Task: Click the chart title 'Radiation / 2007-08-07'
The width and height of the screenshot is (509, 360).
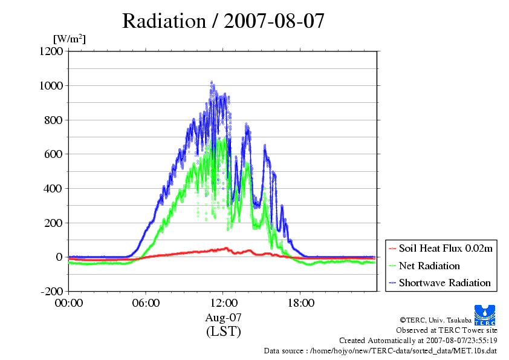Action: [223, 21]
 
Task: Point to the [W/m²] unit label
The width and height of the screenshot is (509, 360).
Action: [69, 39]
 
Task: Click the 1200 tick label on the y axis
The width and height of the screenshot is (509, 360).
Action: [51, 51]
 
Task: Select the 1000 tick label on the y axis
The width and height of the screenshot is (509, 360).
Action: [51, 85]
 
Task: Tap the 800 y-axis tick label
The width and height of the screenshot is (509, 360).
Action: [53, 120]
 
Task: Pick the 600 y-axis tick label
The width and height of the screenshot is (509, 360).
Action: [53, 154]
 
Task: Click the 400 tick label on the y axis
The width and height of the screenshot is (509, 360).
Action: [53, 188]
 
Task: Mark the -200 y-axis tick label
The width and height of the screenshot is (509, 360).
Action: [51, 291]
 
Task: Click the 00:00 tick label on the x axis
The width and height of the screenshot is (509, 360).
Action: [69, 303]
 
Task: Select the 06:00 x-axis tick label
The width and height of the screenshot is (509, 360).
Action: [146, 303]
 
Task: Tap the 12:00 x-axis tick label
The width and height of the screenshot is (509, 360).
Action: [223, 303]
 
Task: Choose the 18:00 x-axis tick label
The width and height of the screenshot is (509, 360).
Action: [300, 303]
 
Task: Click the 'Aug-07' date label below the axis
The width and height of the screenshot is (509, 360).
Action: [223, 317]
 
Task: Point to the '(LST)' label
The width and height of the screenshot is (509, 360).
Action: [223, 332]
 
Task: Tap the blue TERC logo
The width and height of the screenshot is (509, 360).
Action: [485, 315]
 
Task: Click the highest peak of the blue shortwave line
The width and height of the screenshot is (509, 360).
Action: [212, 82]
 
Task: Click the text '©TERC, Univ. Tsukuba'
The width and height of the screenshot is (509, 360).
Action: [436, 320]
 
